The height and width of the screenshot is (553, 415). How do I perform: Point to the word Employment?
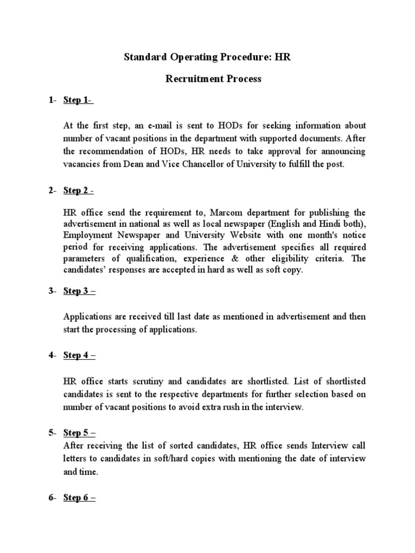click(x=89, y=235)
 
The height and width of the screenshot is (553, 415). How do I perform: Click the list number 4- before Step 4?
click(x=52, y=355)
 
